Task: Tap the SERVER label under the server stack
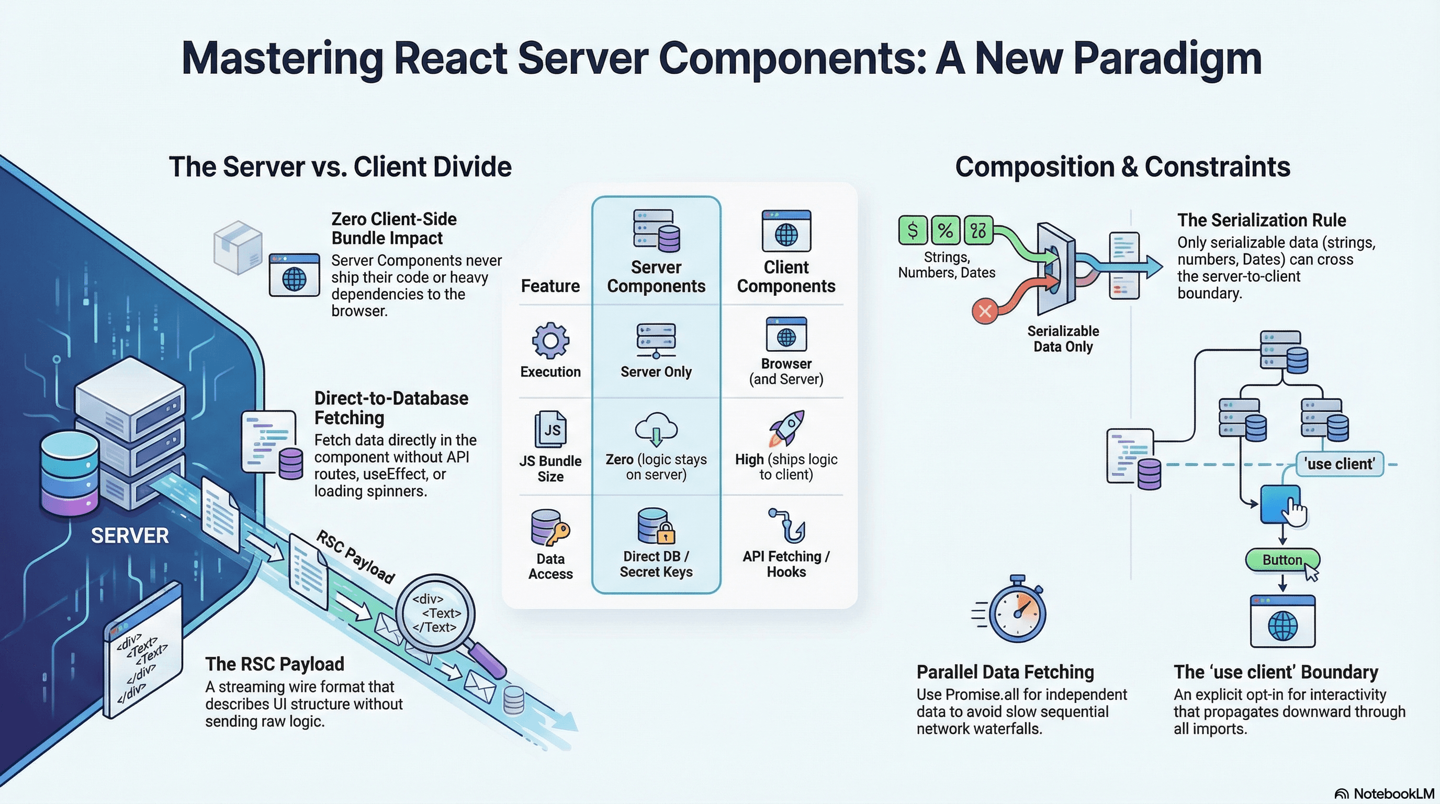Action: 130,535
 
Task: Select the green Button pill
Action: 1282,560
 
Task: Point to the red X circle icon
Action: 985,311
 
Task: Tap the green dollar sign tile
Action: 913,230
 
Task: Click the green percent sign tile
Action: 946,230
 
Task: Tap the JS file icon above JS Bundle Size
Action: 550,429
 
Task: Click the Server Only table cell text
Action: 656,372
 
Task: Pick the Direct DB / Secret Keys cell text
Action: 656,564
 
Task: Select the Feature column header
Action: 550,286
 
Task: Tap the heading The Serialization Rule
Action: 1261,220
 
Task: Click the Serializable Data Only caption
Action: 1063,339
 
